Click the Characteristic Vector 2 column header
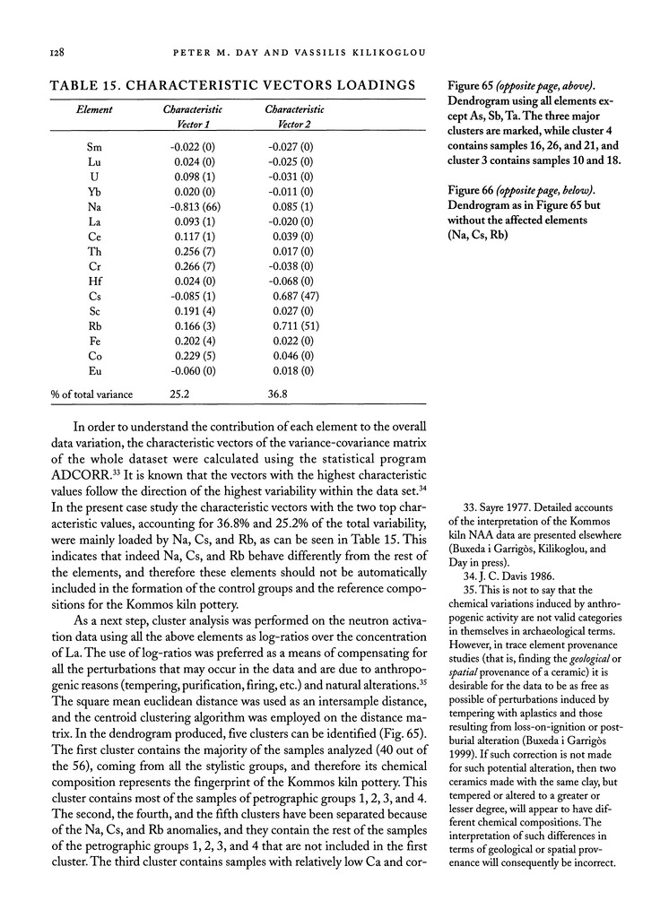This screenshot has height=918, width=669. [x=294, y=116]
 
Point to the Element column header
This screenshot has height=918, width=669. [x=93, y=109]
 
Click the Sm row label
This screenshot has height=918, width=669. [x=93, y=144]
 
